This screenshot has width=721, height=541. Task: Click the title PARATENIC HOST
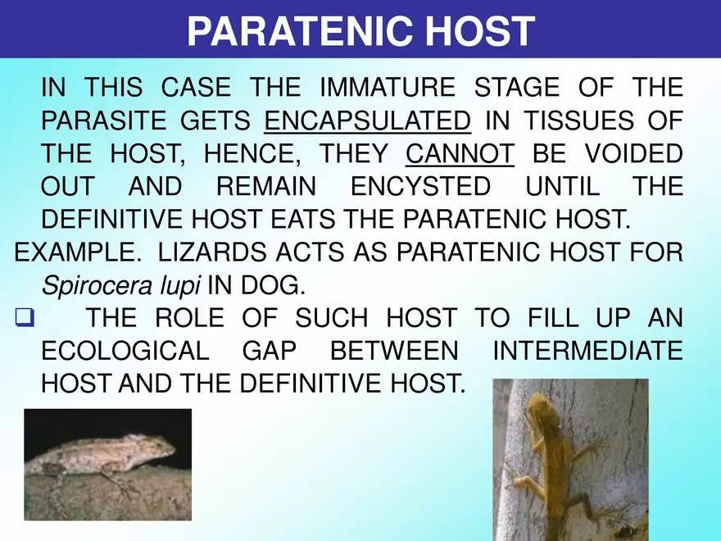360,31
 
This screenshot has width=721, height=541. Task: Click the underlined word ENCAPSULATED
368,121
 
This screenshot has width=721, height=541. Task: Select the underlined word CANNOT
460,154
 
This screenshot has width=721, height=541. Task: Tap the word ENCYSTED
420,187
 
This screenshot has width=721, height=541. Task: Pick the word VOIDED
629,154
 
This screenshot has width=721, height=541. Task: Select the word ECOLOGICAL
125,351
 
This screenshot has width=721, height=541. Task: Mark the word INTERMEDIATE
588,351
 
